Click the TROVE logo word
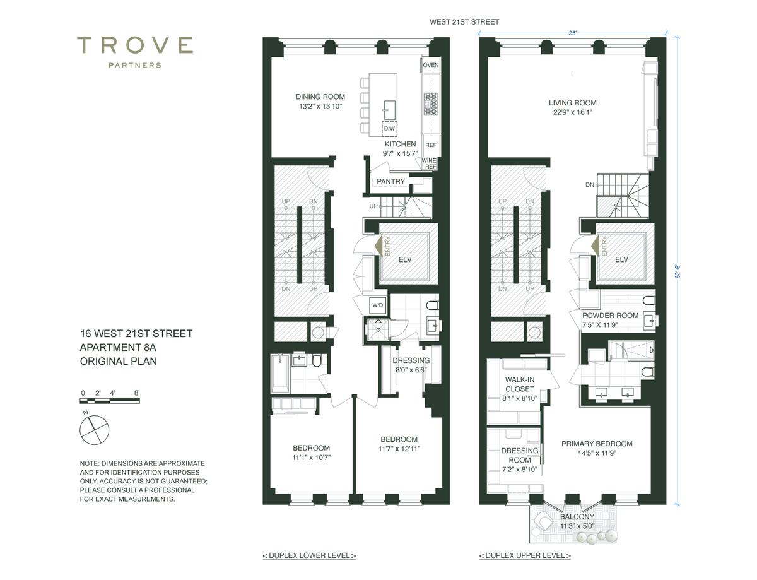[x=135, y=45]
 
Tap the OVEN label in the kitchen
[x=431, y=65]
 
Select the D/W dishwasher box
[x=389, y=129]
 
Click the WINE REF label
[x=429, y=163]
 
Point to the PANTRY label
[x=390, y=182]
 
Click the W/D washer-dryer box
[x=378, y=305]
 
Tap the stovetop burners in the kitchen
[x=431, y=104]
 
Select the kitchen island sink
[x=389, y=110]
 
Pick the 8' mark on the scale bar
[x=137, y=393]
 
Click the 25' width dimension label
[x=572, y=33]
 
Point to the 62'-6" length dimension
[x=678, y=271]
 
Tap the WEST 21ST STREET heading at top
[x=464, y=22]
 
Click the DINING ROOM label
[x=320, y=97]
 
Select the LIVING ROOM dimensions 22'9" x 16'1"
[x=572, y=112]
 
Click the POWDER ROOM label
[x=611, y=316]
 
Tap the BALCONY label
[x=577, y=517]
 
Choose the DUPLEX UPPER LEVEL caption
[x=525, y=555]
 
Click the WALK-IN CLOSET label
[x=520, y=384]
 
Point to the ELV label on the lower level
[x=405, y=259]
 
